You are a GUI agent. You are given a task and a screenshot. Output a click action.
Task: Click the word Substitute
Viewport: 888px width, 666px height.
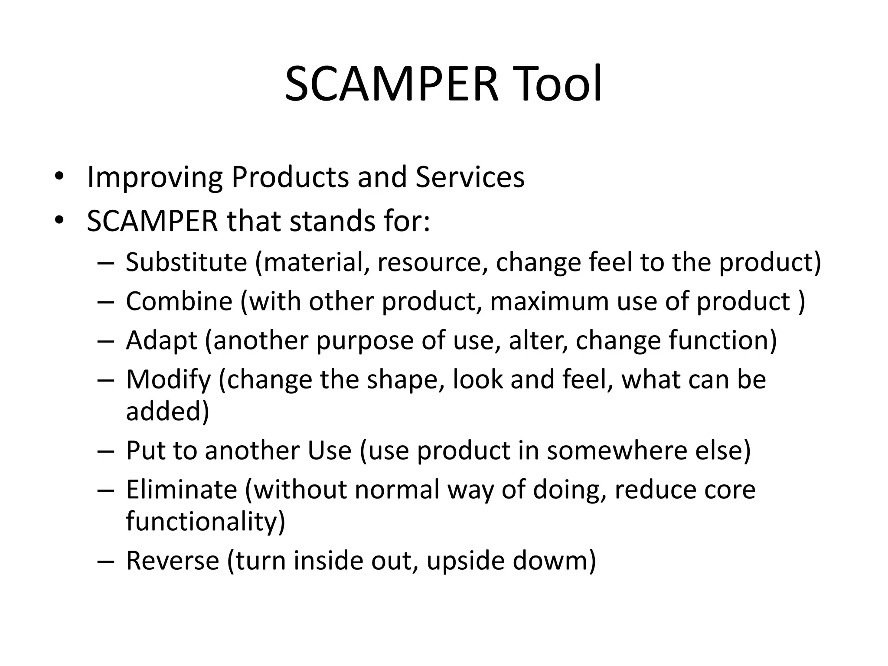tap(186, 262)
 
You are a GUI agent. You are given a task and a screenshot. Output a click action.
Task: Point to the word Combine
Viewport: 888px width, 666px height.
tap(179, 301)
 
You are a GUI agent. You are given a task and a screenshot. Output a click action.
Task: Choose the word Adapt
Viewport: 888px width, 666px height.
tap(161, 341)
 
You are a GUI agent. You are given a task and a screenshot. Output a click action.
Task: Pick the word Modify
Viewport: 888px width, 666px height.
tap(168, 380)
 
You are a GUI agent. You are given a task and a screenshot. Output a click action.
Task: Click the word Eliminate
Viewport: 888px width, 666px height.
tap(182, 490)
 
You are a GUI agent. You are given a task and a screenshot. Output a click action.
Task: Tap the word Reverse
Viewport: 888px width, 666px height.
tap(173, 560)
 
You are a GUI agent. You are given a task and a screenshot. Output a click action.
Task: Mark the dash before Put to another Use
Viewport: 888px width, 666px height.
tap(105, 451)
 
